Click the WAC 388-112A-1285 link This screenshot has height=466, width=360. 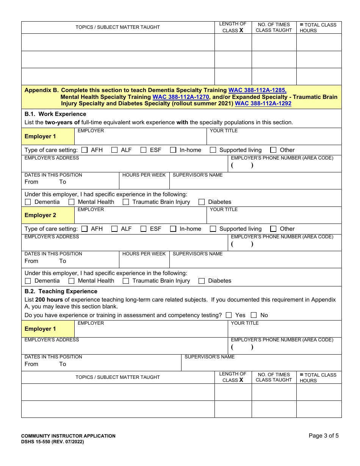tap(257, 90)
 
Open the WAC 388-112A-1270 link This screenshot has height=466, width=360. tap(181, 97)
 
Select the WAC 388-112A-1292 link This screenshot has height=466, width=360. tap(263, 103)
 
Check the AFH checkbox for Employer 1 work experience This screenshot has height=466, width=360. tap(85, 150)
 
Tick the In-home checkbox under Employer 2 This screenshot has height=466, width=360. tap(173, 229)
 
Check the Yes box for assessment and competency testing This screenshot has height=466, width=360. tap(229, 315)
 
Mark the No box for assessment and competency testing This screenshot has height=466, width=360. tap(254, 315)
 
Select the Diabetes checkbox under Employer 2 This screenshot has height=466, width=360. tap(202, 281)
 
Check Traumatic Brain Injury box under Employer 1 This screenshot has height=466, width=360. tap(126, 202)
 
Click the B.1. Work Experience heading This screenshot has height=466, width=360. tap(55, 114)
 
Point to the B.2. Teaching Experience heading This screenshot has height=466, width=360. tap(61, 291)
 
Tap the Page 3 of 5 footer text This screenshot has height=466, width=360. tap(323, 436)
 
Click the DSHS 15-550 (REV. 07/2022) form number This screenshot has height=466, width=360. tap(52, 442)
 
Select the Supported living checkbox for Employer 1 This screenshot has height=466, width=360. tap(213, 150)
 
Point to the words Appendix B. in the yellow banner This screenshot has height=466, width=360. tap(42, 90)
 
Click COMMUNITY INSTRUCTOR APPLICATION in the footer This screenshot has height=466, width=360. tap(68, 436)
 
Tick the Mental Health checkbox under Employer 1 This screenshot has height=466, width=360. tap(71, 202)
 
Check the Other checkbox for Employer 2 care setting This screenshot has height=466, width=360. tap(273, 229)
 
